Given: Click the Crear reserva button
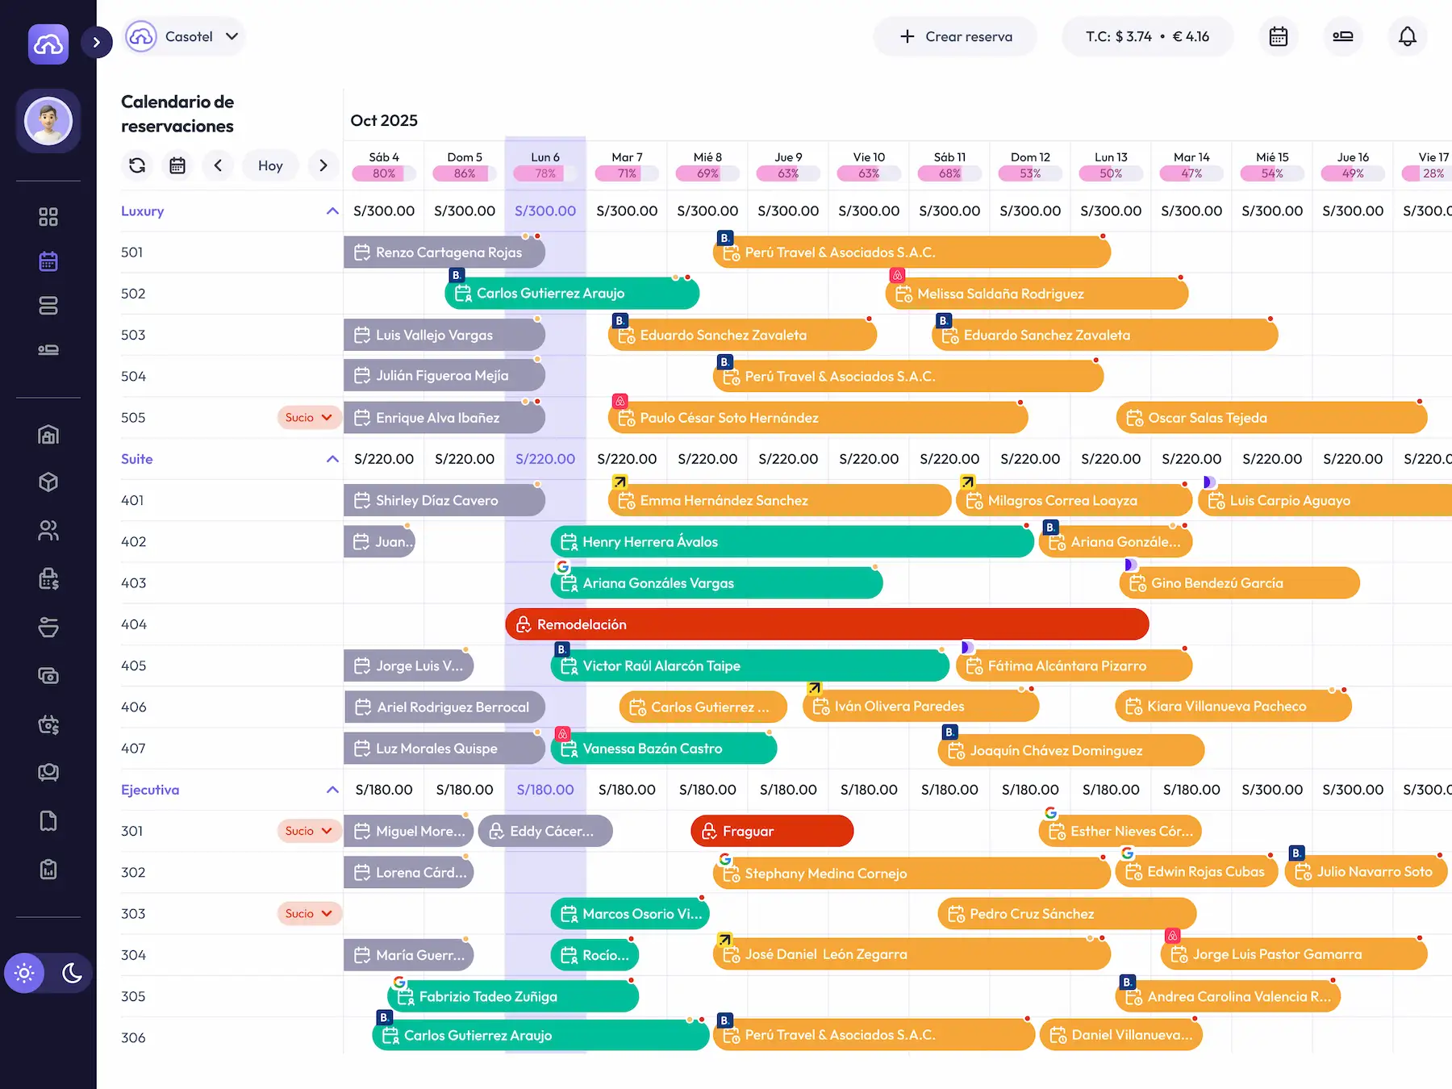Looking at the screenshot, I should [955, 36].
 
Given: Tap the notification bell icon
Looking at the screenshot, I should [1407, 36].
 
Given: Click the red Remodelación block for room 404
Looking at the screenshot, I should [827, 624].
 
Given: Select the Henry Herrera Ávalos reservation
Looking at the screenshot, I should [791, 542].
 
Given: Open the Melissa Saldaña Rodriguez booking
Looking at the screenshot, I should [1036, 294].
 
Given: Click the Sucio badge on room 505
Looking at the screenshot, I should [308, 418].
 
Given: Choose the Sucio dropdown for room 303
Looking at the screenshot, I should [308, 914].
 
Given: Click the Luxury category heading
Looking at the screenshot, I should [143, 211].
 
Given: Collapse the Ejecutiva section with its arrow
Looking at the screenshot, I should [332, 790].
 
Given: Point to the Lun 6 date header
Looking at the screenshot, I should [545, 157].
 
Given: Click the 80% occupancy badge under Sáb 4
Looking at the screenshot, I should [384, 173].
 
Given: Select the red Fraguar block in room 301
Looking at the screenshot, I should [772, 831].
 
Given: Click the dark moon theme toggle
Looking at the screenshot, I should [72, 973].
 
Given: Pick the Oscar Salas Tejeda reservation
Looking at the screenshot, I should [1271, 418].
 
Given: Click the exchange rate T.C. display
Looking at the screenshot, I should [1147, 36].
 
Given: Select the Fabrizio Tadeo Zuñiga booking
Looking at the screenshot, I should [513, 996].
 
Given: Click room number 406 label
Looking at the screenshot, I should [134, 707].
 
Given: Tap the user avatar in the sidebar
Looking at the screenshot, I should [48, 121].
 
